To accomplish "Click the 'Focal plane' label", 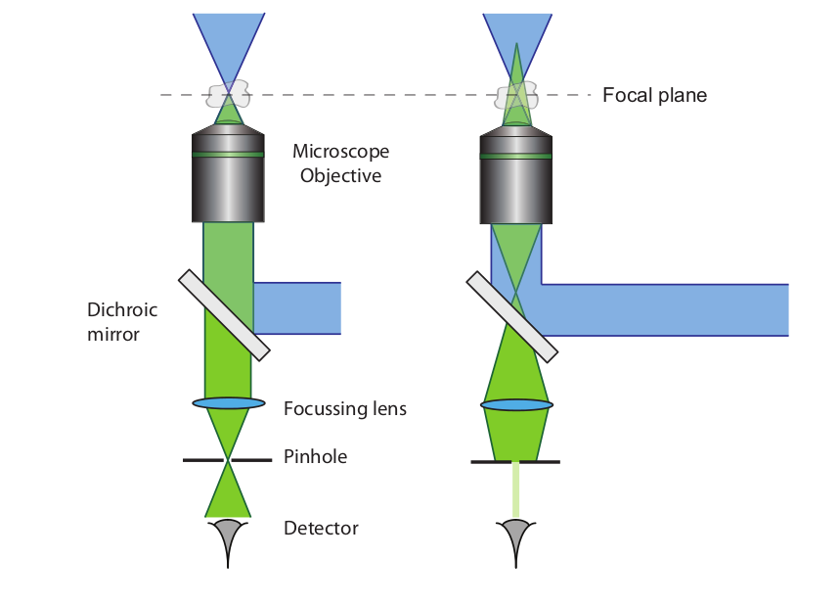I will coord(654,95).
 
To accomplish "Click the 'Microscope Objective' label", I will coord(340,163).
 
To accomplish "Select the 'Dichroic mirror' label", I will coord(122,321).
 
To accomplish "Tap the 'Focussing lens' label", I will coord(344,408).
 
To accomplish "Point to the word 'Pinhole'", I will coord(315,456).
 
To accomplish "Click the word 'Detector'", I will coord(321,528).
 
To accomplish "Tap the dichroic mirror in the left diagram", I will coord(224,316).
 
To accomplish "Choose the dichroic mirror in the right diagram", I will coord(511,315).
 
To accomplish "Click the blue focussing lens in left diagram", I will coord(229,402).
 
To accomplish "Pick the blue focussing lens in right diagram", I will coord(516,404).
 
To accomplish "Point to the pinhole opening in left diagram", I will coord(229,459).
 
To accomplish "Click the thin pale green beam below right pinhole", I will coord(516,489).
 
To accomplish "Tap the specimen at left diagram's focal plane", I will coord(228,96).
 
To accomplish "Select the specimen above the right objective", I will coord(516,96).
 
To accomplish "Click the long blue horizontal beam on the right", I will coord(665,309).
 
